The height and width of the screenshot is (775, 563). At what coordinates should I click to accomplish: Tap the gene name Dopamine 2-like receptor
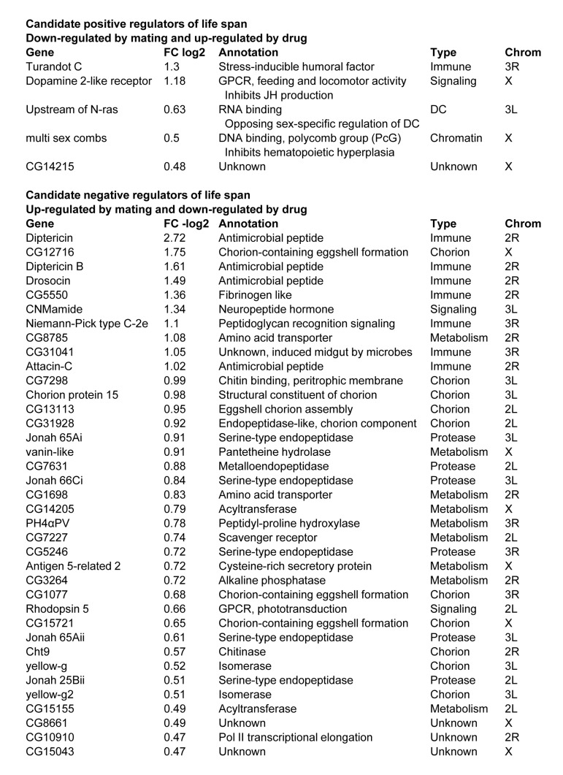coord(88,81)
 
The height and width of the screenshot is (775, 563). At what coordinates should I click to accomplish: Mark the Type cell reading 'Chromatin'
coord(456,138)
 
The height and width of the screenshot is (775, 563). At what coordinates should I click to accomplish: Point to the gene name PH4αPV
coord(50,523)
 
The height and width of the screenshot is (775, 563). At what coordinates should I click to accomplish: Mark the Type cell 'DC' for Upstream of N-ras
coord(440,110)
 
